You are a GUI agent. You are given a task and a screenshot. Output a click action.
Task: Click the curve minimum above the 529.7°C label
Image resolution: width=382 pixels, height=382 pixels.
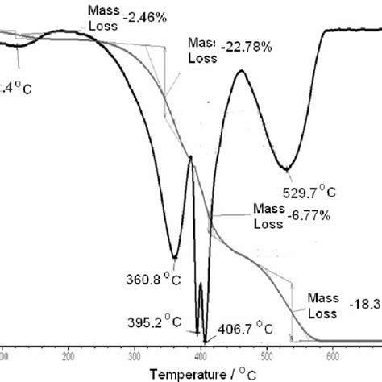[284, 169]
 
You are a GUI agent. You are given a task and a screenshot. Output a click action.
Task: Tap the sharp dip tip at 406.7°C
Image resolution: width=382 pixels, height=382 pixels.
[205, 341]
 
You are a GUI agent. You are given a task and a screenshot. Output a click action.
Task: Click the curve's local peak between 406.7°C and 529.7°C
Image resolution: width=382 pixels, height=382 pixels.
[240, 73]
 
